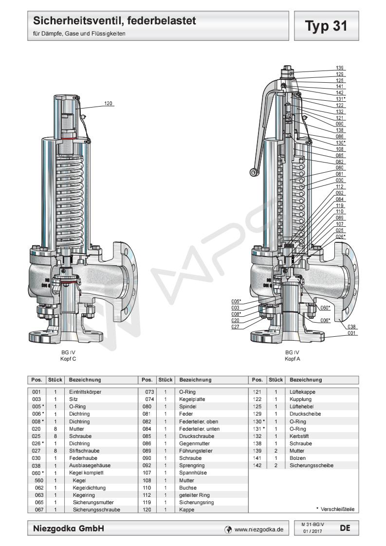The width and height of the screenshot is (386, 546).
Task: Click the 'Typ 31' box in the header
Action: click(327, 26)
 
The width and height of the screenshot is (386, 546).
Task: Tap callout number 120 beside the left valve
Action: click(108, 103)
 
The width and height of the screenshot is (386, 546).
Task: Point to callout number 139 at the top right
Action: click(340, 68)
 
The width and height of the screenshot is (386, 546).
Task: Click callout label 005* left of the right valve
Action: click(237, 302)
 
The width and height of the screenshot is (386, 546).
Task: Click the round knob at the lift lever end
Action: click(254, 171)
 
